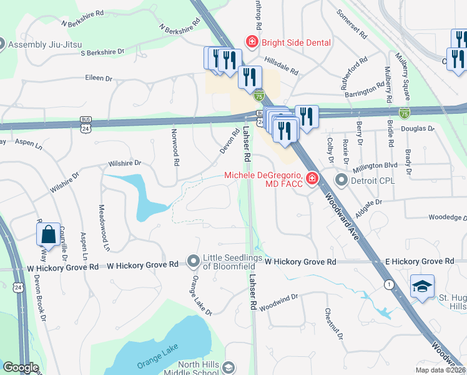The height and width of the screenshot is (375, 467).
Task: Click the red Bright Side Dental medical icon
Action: (252, 42)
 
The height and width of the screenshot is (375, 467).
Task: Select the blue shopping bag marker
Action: (48, 235)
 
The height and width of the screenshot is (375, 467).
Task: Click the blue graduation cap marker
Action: (422, 287)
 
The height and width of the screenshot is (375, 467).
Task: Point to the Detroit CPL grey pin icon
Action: (341, 181)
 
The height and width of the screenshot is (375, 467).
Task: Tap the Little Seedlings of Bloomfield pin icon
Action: (194, 259)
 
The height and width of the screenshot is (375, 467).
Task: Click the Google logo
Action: (21, 367)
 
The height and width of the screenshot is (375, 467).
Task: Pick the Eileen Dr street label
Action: (99, 79)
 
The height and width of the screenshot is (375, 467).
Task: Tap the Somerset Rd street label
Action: (350, 22)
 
